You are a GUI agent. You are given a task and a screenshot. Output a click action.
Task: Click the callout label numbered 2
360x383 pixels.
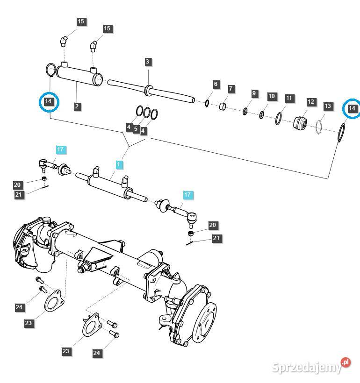(x=77, y=106)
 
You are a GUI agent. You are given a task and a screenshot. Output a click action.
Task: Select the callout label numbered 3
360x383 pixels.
(x=148, y=62)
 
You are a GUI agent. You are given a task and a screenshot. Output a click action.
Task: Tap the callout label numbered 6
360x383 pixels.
(x=216, y=84)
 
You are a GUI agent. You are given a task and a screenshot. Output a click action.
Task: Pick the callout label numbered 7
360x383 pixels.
(x=231, y=89)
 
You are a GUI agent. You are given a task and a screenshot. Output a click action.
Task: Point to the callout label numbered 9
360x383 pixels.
(x=254, y=93)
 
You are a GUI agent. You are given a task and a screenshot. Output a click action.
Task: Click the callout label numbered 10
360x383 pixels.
(x=272, y=96)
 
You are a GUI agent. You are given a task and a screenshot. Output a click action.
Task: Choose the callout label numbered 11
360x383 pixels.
(x=289, y=98)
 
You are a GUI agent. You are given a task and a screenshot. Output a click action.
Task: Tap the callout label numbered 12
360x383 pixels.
(x=311, y=101)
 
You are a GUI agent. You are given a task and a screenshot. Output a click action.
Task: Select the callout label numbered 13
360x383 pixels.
(x=328, y=106)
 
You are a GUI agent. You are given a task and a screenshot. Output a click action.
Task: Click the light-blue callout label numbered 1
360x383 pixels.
(x=119, y=164)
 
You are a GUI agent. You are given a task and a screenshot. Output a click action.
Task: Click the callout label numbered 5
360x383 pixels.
(x=136, y=128)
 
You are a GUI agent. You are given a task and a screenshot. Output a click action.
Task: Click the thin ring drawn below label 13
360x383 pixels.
(x=320, y=127)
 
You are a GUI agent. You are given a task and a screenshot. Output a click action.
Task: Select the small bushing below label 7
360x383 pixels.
(x=224, y=107)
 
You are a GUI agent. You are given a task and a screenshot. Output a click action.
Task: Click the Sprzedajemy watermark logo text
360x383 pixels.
(x=306, y=368)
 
